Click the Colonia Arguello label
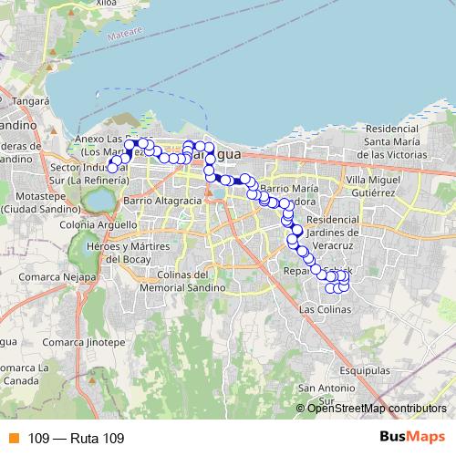coord(98,224)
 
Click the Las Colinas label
coord(325,310)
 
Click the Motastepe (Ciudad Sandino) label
coord(36,201)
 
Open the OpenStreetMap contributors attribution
coord(378,408)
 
